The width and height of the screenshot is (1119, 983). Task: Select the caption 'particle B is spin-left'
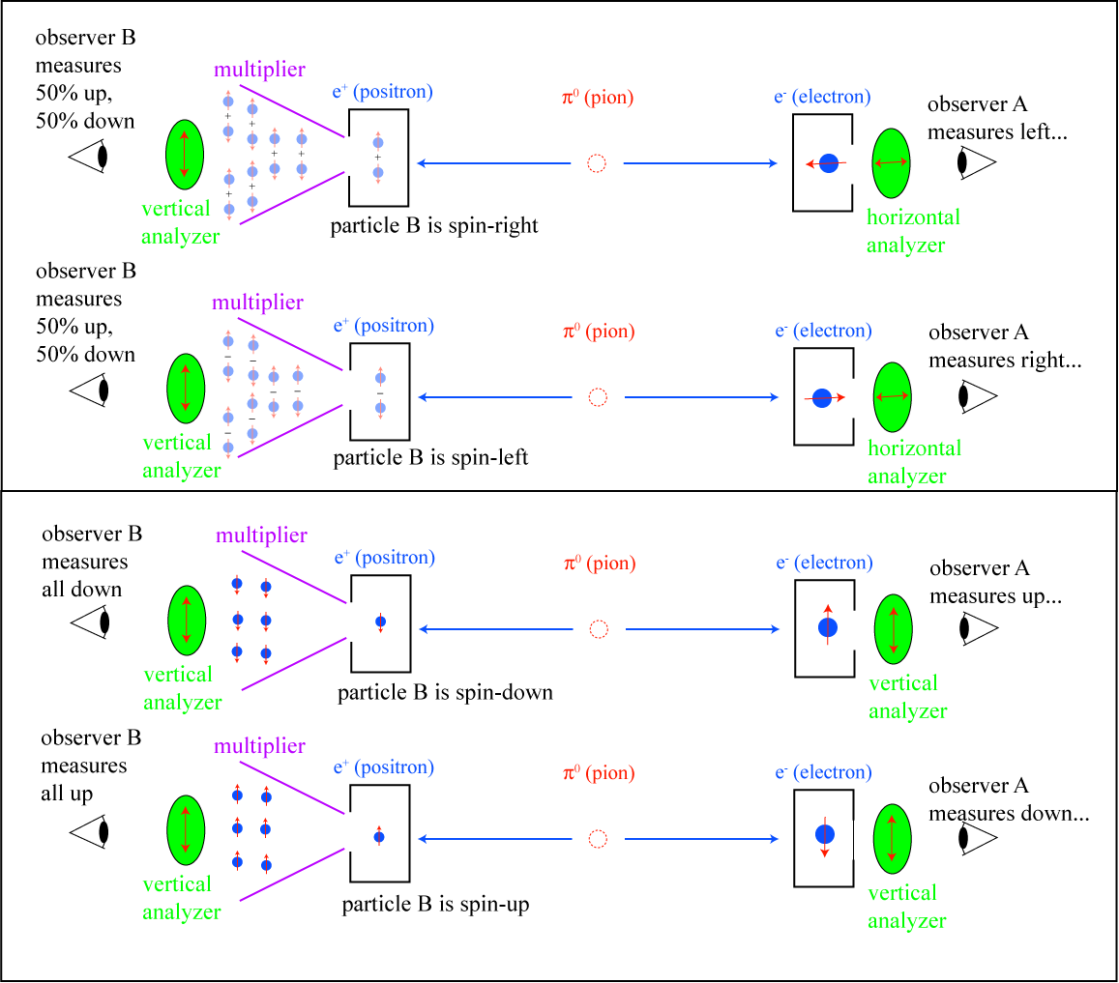click(x=430, y=458)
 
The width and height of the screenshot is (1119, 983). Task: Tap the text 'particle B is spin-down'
click(x=445, y=693)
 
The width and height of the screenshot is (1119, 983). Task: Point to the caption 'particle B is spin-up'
click(x=435, y=906)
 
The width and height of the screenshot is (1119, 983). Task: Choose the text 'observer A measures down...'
click(x=1009, y=800)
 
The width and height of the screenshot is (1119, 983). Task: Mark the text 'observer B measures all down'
click(x=92, y=562)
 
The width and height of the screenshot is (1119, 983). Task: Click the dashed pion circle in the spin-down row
click(x=599, y=630)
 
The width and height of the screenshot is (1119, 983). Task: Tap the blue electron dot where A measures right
click(x=822, y=397)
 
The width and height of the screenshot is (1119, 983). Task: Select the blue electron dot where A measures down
click(x=825, y=833)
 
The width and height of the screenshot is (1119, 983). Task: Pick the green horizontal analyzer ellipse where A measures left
click(x=892, y=163)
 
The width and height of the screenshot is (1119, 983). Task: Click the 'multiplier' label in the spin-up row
click(x=260, y=746)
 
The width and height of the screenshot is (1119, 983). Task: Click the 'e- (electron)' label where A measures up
click(x=823, y=563)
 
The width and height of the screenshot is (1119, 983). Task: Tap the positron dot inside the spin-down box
click(x=380, y=622)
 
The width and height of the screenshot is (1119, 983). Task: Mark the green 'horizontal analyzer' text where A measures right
click(x=914, y=461)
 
